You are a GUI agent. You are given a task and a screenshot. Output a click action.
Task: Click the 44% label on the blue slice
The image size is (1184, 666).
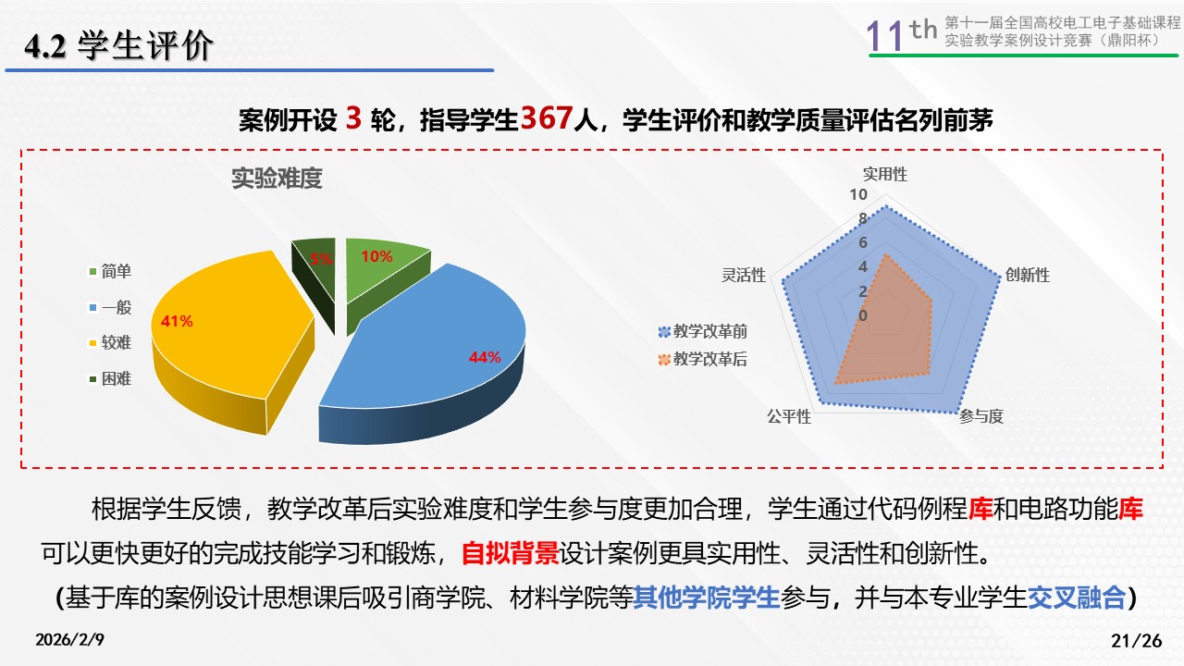coord(484,357)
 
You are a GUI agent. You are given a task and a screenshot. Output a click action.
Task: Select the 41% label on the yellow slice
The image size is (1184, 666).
coord(177,321)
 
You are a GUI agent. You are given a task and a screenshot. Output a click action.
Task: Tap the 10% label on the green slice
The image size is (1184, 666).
coord(376,256)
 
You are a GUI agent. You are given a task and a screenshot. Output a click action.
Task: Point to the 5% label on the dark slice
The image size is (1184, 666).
coord(321,259)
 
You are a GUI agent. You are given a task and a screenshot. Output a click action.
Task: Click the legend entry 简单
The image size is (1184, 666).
coord(110,272)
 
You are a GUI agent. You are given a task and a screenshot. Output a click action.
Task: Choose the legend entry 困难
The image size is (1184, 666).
coord(110,379)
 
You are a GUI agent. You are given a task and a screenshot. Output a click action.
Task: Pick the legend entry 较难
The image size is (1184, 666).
coord(110,343)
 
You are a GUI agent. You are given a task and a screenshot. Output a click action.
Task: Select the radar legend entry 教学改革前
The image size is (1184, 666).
coord(702,331)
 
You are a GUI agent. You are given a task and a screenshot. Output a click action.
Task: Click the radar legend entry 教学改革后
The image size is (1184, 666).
coord(702,360)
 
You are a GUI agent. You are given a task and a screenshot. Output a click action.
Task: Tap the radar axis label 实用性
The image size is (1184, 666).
coord(885,175)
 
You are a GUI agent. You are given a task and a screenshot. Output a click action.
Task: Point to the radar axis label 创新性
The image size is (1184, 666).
coord(1027,275)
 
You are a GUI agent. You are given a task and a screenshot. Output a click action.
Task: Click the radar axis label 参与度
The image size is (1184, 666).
coord(981,416)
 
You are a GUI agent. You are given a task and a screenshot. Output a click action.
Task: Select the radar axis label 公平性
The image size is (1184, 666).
coord(789,416)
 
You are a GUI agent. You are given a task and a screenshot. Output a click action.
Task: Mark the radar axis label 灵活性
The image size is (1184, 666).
coord(744,275)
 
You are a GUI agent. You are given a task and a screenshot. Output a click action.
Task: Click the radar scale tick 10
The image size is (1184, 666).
coord(858,194)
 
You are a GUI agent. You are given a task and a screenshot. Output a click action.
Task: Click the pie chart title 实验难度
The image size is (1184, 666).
coord(277,179)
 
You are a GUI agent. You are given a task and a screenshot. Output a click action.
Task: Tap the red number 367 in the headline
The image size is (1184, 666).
coord(547,117)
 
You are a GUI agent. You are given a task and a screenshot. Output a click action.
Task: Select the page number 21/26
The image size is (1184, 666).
coord(1137,641)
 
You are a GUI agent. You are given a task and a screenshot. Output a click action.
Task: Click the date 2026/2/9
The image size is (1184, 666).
coord(69,639)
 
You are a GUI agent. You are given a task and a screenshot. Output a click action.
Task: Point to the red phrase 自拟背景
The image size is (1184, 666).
coord(510,553)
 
